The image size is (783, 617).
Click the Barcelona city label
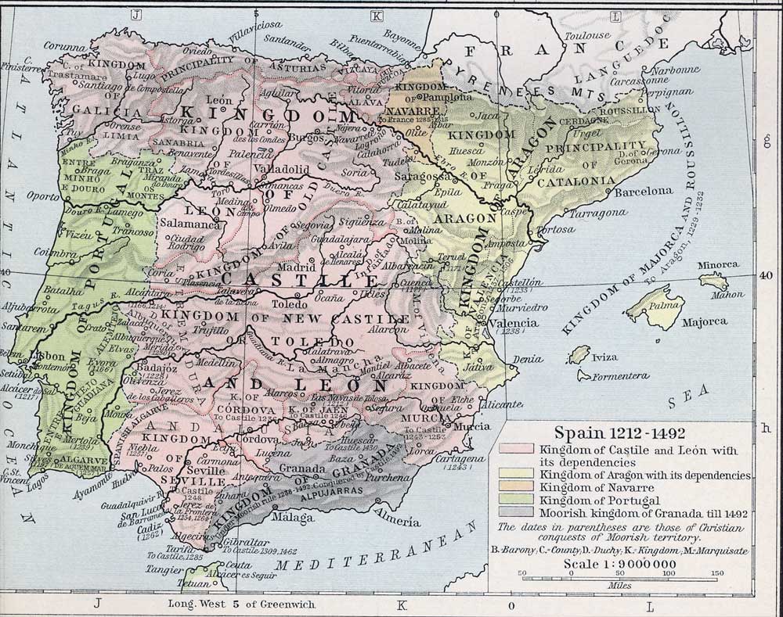[x=644, y=191]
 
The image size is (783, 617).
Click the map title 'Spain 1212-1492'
[x=603, y=432]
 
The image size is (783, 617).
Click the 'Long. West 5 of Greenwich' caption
[x=227, y=604]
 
